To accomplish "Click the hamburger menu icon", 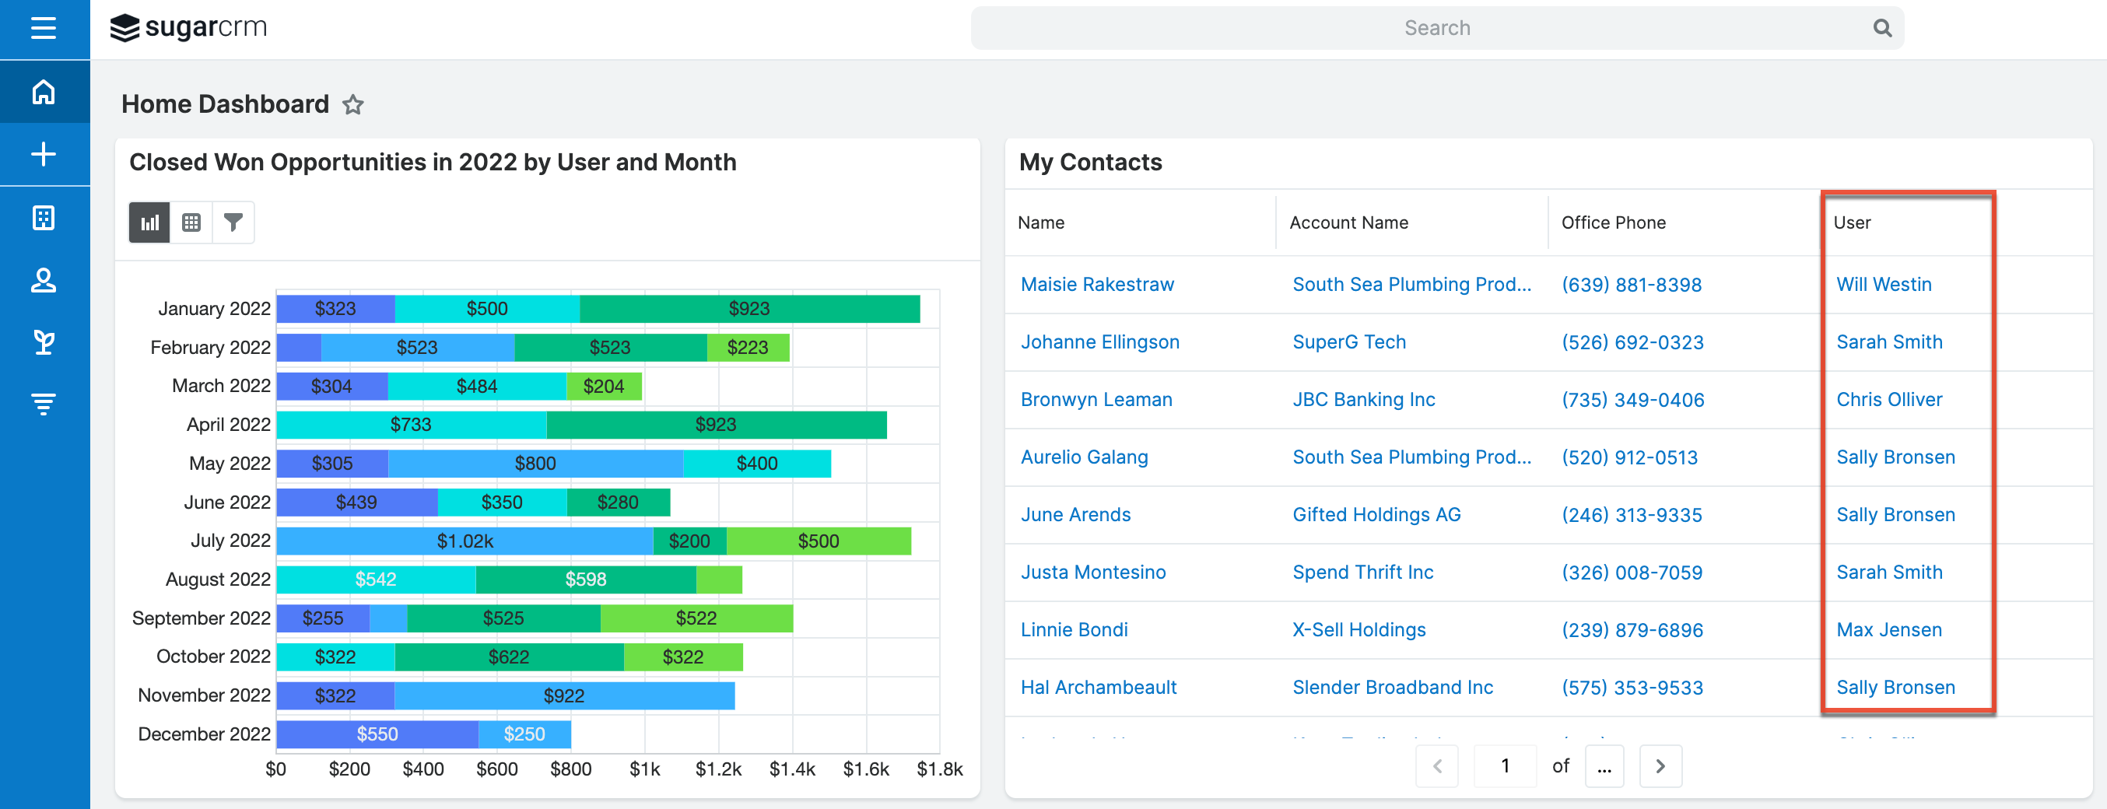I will [44, 29].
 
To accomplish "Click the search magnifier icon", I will [1882, 29].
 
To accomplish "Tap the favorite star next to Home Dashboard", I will [352, 105].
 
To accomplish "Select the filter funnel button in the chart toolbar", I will [233, 222].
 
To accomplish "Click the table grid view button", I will [191, 222].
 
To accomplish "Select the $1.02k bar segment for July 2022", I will [465, 541].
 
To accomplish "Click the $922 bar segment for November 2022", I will [564, 696].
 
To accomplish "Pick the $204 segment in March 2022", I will [604, 386].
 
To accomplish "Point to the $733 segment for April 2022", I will [411, 425].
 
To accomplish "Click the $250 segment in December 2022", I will [524, 734].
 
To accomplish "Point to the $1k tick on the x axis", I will [644, 769].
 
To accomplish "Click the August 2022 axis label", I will [218, 580].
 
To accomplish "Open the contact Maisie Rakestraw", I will [1097, 285].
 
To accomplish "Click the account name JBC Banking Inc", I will [1363, 400].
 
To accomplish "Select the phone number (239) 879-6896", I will [1632, 630].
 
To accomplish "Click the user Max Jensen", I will [1888, 630].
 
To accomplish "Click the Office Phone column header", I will [1613, 222].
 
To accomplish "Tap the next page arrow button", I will [1660, 766].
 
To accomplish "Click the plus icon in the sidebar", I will [44, 155].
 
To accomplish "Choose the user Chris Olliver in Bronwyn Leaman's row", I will [1888, 400].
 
